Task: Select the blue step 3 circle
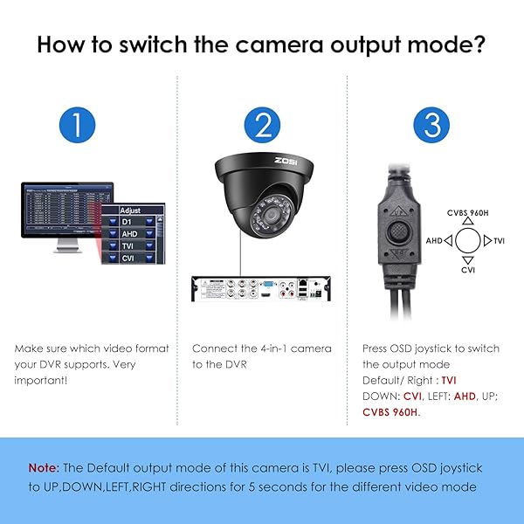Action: [431, 127]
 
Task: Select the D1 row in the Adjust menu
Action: [128, 223]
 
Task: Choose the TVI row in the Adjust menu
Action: [128, 247]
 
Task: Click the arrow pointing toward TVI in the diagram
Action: [487, 240]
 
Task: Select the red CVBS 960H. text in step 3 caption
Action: [391, 411]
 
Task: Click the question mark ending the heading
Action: [479, 45]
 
